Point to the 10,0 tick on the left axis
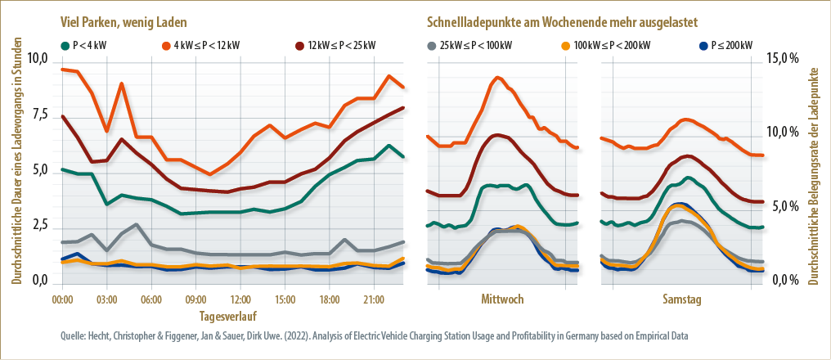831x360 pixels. pos(38,60)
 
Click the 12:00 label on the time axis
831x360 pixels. pos(240,300)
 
